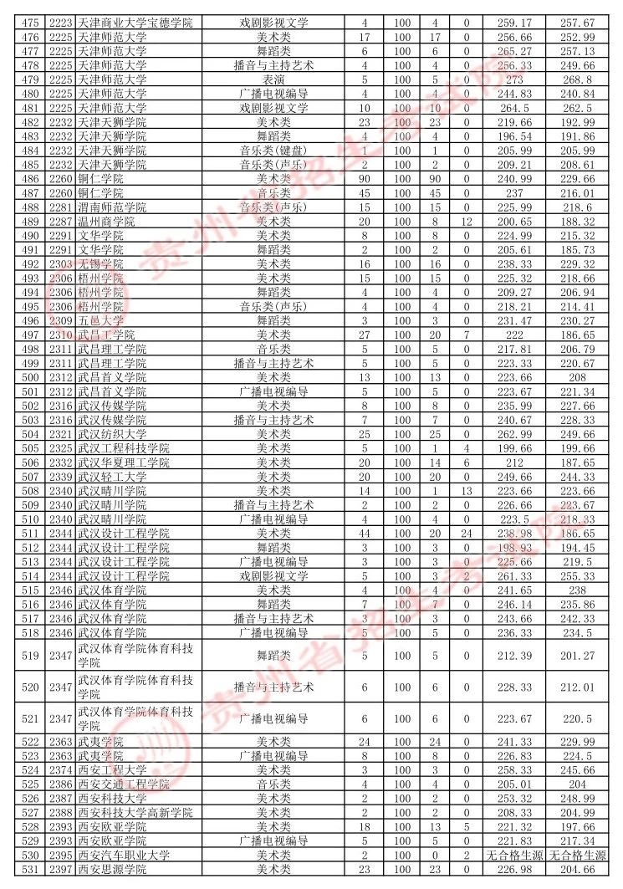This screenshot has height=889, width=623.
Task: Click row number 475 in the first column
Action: click(x=31, y=22)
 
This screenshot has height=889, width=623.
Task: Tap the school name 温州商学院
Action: click(x=105, y=222)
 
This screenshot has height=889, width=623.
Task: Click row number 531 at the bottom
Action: click(x=31, y=870)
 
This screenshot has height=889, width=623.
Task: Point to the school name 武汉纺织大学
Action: click(x=111, y=434)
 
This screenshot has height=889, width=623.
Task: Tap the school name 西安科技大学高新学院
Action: click(x=135, y=813)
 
